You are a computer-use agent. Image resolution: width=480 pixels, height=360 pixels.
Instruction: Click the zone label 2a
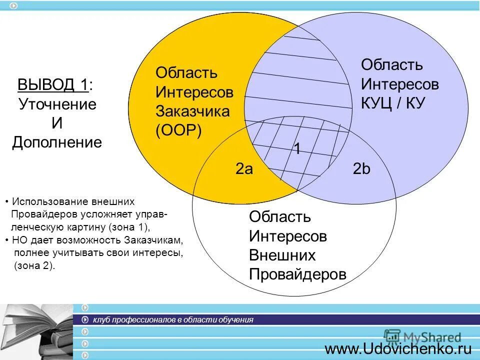[x=244, y=169]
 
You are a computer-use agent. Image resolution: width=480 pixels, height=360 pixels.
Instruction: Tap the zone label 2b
[x=361, y=169]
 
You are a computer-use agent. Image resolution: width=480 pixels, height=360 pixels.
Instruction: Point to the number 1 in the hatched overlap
[x=296, y=149]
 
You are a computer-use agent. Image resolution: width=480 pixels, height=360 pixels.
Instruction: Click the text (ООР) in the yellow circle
[x=178, y=130]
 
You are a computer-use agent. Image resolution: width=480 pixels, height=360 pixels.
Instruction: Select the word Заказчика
[x=192, y=111]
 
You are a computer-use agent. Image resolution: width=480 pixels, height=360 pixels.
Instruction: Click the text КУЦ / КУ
[x=393, y=103]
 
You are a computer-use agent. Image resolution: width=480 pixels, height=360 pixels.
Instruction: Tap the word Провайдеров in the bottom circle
[x=297, y=274]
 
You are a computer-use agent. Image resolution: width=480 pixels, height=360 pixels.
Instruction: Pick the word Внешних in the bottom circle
[x=282, y=255]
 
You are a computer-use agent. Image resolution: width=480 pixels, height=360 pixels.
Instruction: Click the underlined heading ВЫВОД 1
[x=53, y=85]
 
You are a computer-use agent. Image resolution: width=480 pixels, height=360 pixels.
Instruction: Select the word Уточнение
[x=57, y=104]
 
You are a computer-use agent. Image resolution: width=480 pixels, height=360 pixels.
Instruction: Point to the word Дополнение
[x=57, y=142]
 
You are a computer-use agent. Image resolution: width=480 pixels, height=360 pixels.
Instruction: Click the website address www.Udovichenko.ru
[x=398, y=348]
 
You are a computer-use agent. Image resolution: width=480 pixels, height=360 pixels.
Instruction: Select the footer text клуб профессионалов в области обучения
[x=173, y=320]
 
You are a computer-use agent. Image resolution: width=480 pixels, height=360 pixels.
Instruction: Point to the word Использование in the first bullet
[x=42, y=202]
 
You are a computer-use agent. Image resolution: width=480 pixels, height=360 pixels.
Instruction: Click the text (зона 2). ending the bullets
[x=34, y=265]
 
